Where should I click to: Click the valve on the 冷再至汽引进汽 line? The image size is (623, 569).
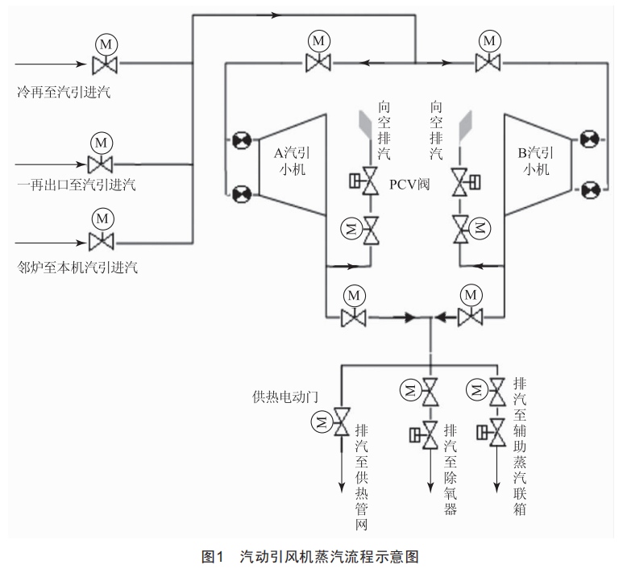click(x=103, y=63)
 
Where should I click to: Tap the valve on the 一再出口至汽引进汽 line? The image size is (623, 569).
click(x=101, y=165)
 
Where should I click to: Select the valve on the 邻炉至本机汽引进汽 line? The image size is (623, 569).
click(x=102, y=239)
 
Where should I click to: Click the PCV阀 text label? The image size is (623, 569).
click(x=409, y=184)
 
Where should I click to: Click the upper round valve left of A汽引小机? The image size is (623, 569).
click(x=240, y=141)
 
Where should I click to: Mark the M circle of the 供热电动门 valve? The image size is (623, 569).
click(x=322, y=421)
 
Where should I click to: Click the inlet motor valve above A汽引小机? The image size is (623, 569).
click(x=319, y=61)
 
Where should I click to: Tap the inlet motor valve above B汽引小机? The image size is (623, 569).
click(x=487, y=61)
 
